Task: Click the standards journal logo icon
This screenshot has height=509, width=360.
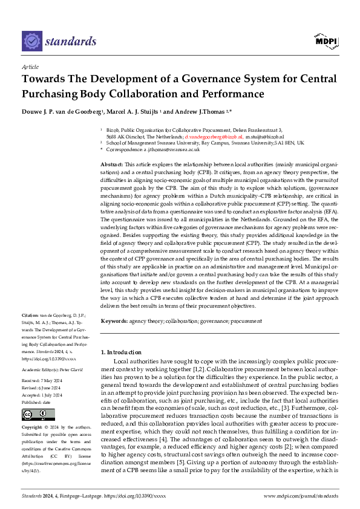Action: [x=31, y=41]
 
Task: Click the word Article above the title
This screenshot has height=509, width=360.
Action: [x=30, y=68]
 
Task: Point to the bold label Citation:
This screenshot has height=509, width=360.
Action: [x=30, y=316]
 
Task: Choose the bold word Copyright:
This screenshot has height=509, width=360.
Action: [x=33, y=427]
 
